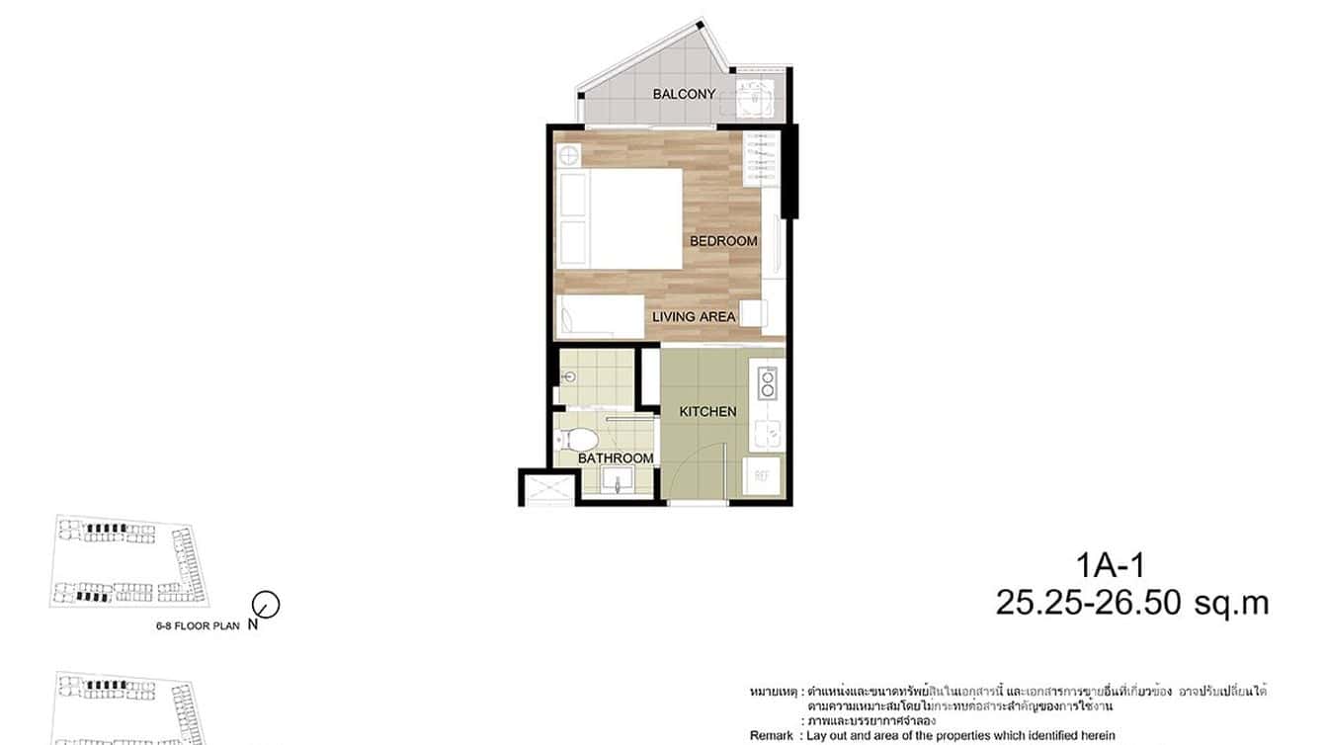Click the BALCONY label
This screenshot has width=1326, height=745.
coord(684,95)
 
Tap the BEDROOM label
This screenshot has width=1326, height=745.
coord(723,241)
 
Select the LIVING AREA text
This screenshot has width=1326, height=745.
coord(694,317)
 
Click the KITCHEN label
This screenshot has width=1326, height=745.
coord(707,411)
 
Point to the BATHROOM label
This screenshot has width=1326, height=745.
coord(616,458)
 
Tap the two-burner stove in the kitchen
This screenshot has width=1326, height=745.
coord(766,383)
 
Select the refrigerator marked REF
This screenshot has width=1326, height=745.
coord(763,475)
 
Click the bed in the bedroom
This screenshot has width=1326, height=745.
coord(621,218)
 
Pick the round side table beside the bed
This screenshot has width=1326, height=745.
coord(568,156)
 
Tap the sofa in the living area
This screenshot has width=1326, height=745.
coord(601,318)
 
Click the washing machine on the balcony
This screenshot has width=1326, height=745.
coord(756,98)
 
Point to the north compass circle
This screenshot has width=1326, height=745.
coord(267,604)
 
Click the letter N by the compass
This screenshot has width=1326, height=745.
coord(253,624)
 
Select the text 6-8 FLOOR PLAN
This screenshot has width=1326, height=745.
coord(198,624)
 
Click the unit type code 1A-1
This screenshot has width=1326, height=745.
coord(1111,567)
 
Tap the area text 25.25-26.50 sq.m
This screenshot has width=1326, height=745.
coord(1131,603)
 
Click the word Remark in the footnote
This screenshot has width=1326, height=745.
coord(771,735)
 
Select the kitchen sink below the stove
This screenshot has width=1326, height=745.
coord(767,432)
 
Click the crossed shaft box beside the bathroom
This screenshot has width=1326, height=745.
coord(548,487)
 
